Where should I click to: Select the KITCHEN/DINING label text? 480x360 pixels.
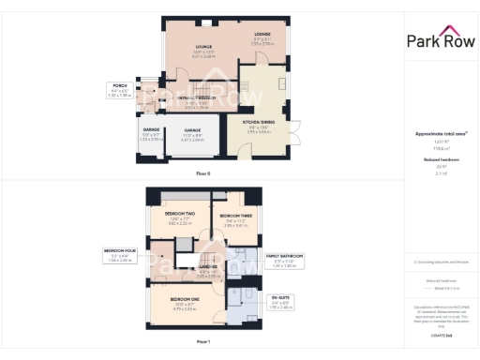259,122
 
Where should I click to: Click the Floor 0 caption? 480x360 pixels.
203,174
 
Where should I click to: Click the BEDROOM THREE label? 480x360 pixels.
233,217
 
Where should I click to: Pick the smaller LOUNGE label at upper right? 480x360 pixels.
262,34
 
